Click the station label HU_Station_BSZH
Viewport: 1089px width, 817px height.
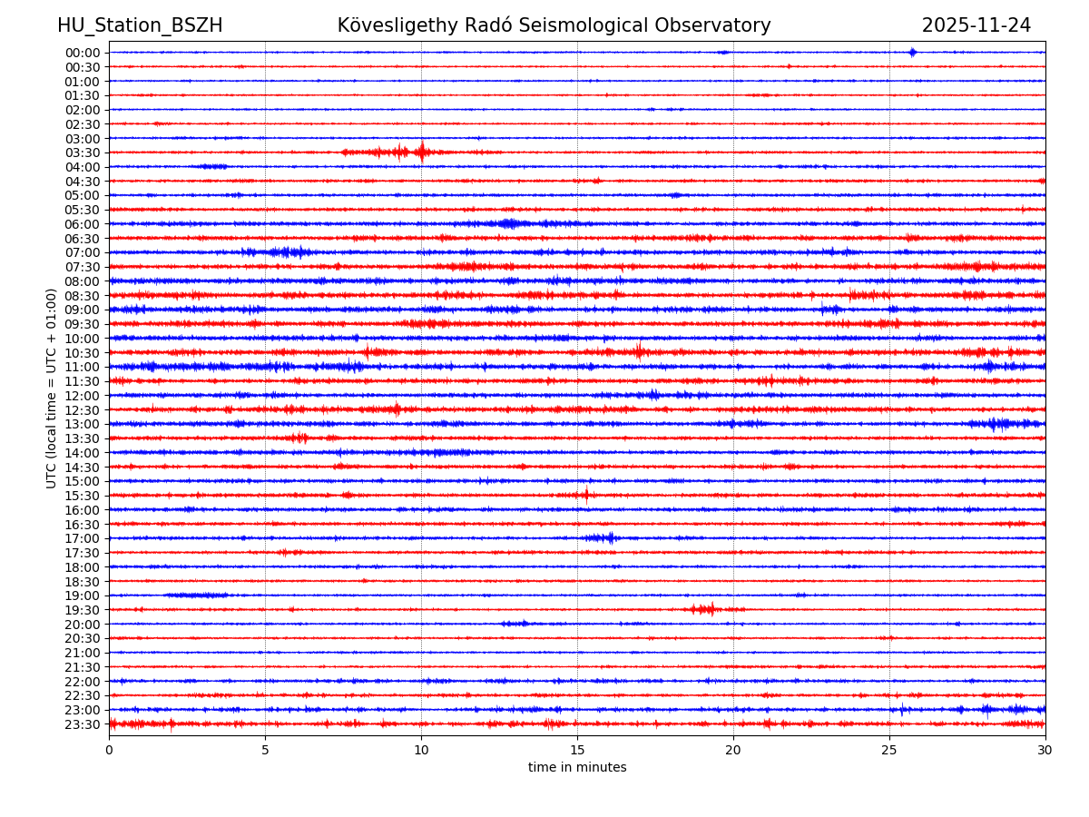coord(140,26)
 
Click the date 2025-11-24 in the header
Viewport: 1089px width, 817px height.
coord(976,26)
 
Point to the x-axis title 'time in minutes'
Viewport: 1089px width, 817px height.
coord(577,768)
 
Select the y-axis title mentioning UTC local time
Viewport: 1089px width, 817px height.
coord(52,388)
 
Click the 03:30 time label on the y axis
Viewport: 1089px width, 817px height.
coord(83,153)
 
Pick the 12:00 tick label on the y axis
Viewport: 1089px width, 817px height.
coord(83,396)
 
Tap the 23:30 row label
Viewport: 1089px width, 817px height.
coord(83,724)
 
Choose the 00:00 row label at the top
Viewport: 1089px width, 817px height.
coord(83,53)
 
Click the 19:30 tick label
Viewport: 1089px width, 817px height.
coord(83,610)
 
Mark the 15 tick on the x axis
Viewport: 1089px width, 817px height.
coord(577,751)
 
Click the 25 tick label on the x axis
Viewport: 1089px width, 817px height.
coord(889,751)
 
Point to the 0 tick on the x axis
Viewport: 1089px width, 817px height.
coord(109,751)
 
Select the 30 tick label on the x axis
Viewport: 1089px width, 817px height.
coord(1045,751)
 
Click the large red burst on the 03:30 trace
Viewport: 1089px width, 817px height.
coord(420,152)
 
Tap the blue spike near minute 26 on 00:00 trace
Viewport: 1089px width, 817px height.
coord(912,52)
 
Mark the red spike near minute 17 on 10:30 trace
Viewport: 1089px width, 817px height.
coord(639,351)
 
